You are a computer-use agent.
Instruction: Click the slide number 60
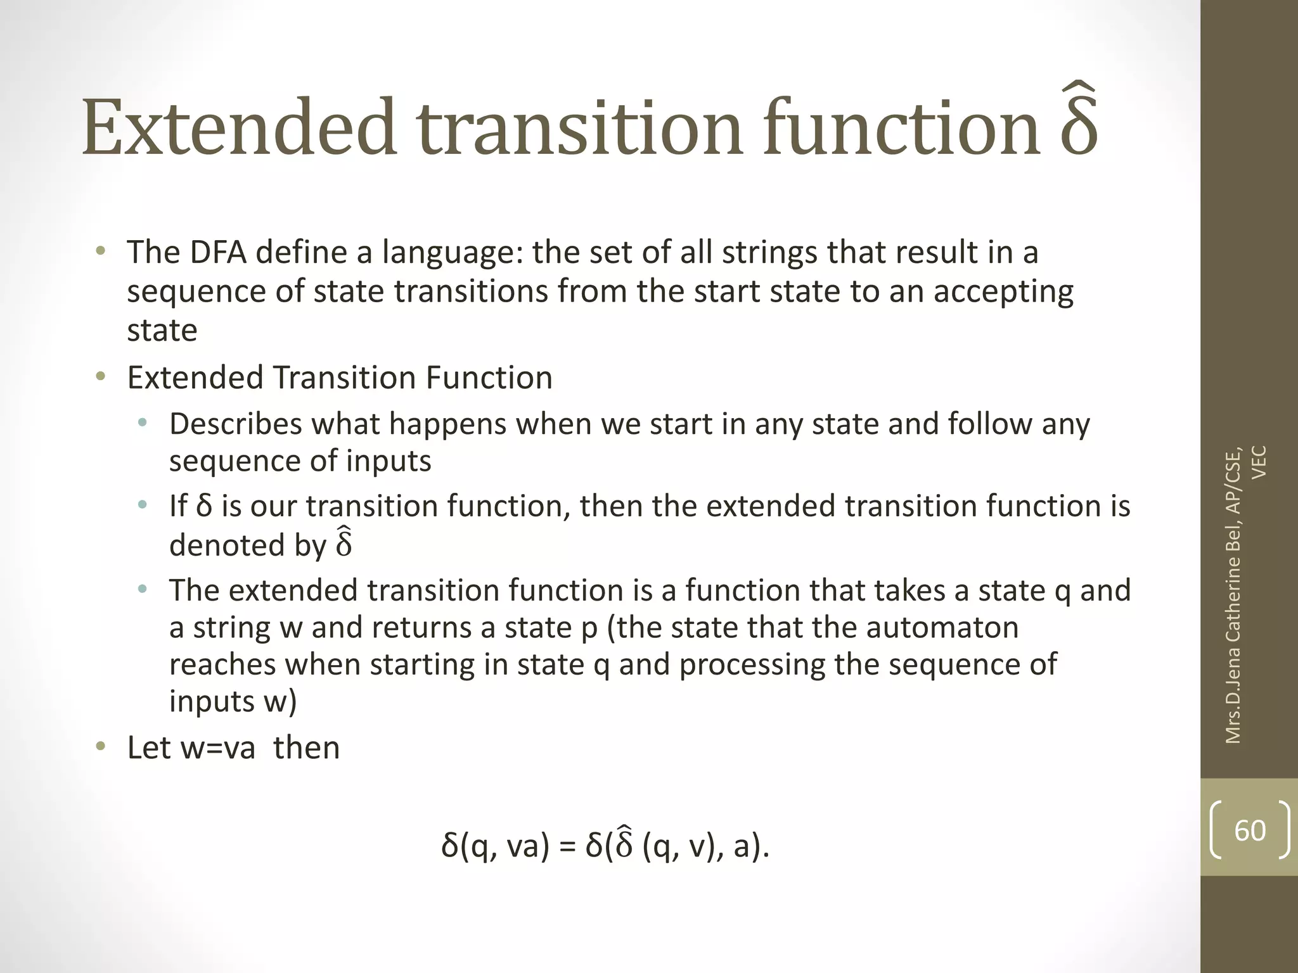pyautogui.click(x=1250, y=830)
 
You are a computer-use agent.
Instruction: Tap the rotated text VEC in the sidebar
pyautogui.click(x=1260, y=462)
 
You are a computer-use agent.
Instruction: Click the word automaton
pyautogui.click(x=942, y=628)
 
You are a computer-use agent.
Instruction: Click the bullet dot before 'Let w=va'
pyautogui.click(x=100, y=747)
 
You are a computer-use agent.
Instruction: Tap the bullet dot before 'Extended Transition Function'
pyautogui.click(x=100, y=378)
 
